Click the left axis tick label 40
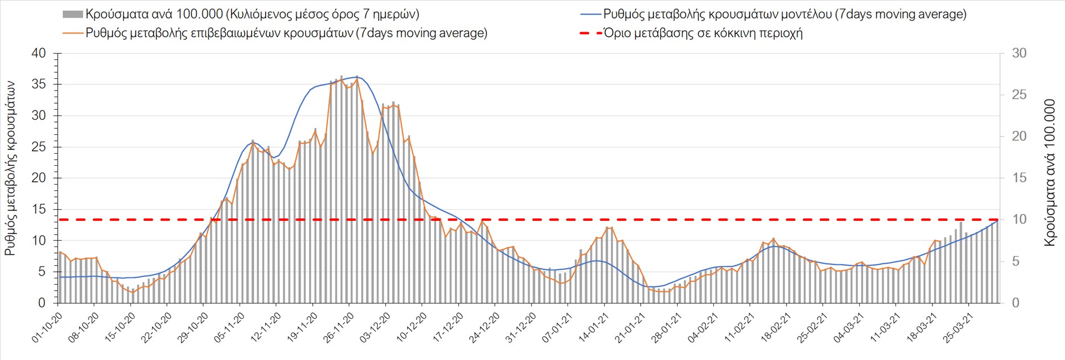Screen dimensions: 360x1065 click(39, 54)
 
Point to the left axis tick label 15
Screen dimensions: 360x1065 click(39, 210)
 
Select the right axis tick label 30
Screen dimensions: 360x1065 click(1019, 54)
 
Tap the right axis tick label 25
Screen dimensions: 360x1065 click(1019, 95)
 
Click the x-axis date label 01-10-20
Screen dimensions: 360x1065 click(47, 328)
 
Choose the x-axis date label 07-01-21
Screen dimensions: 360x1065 click(557, 328)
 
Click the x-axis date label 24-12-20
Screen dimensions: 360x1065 click(484, 328)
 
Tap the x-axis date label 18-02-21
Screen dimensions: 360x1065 click(775, 328)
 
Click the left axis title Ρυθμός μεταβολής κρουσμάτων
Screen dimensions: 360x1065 click(10, 168)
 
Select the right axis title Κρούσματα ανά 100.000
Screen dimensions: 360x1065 click(1049, 173)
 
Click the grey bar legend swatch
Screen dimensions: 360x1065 click(73, 14)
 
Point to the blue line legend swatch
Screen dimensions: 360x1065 click(591, 14)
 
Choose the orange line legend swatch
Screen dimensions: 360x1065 click(73, 33)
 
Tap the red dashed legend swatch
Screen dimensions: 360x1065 click(591, 33)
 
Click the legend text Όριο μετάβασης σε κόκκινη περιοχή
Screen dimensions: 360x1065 click(703, 33)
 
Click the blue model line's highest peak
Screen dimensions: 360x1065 click(356, 77)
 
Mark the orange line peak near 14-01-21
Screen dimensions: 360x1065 click(609, 227)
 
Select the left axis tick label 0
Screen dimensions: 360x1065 click(42, 303)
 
